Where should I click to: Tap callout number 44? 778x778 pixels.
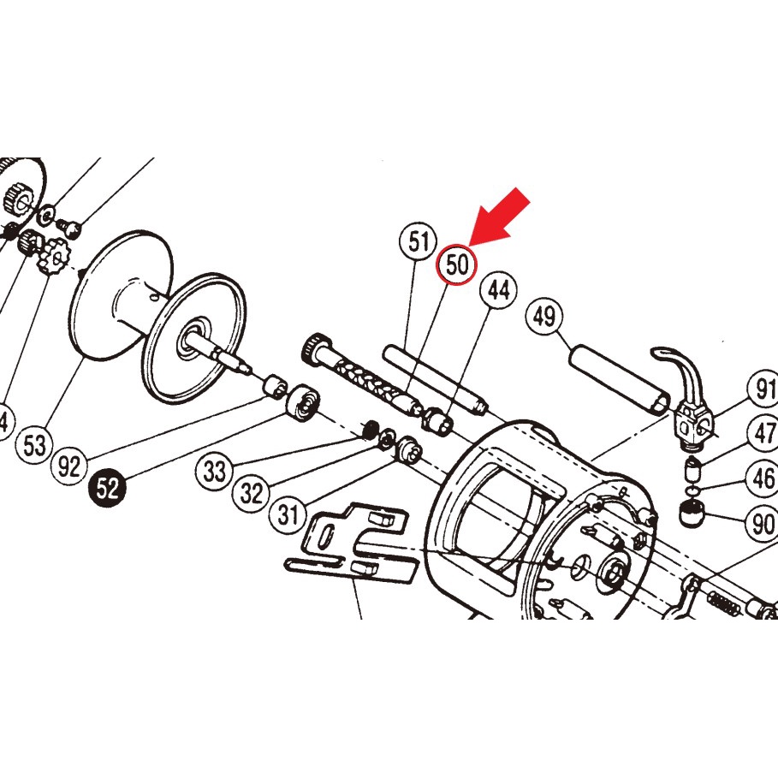tap(499, 291)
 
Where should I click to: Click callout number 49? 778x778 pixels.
tap(544, 317)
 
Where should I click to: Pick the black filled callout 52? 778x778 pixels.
tap(109, 490)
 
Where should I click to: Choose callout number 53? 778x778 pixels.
tap(34, 445)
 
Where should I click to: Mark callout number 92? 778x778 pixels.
tap(70, 466)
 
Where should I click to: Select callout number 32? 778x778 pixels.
tap(251, 494)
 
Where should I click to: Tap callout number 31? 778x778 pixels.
tap(287, 515)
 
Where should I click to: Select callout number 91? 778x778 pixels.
tap(762, 388)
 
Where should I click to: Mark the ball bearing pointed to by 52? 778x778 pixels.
tap(301, 403)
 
